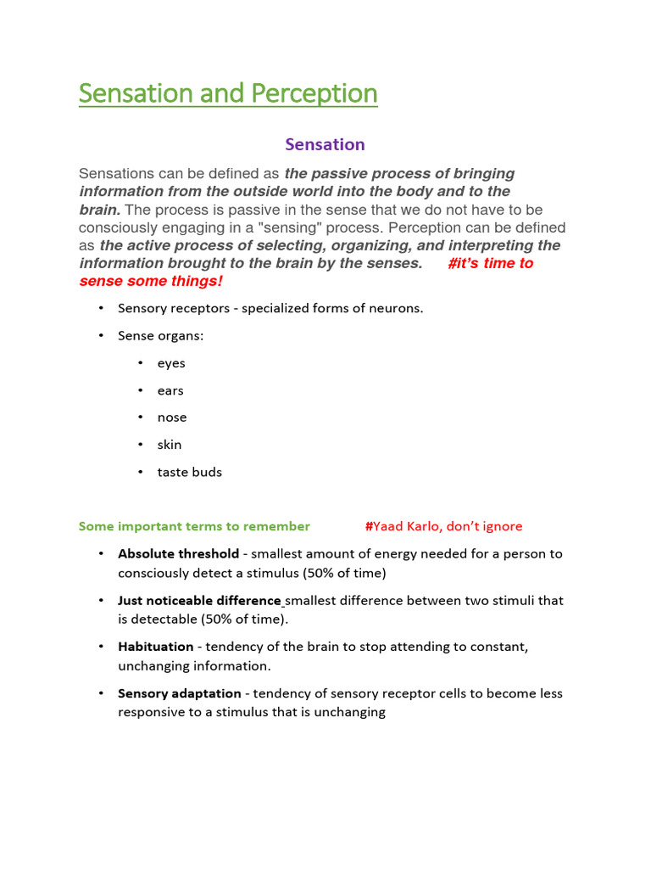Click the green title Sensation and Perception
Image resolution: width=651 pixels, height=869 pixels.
pos(228,93)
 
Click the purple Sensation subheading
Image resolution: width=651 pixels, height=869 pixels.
pos(325,144)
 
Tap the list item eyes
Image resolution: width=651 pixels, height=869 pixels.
pos(170,363)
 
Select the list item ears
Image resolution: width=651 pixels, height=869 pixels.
pos(170,390)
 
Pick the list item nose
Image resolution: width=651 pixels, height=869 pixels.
pos(171,418)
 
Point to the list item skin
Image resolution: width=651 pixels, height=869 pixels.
pos(169,445)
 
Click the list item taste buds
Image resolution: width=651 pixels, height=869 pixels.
pos(189,472)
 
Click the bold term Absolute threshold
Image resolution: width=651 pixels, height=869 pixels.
pos(178,553)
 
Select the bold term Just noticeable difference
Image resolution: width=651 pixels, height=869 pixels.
pos(199,600)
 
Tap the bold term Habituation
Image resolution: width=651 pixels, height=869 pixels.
pos(156,647)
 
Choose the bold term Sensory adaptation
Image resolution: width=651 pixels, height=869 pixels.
pos(179,693)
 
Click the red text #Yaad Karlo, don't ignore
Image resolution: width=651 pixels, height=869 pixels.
pos(443,526)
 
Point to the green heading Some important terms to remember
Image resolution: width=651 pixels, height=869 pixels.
pos(194,526)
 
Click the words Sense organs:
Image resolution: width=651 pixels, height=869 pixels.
pos(160,335)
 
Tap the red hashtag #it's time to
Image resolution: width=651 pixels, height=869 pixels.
pos(490,263)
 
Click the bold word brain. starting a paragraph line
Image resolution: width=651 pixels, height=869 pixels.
pos(99,210)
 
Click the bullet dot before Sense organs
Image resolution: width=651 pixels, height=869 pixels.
pos(101,335)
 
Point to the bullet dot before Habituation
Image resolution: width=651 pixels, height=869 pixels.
pos(101,647)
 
